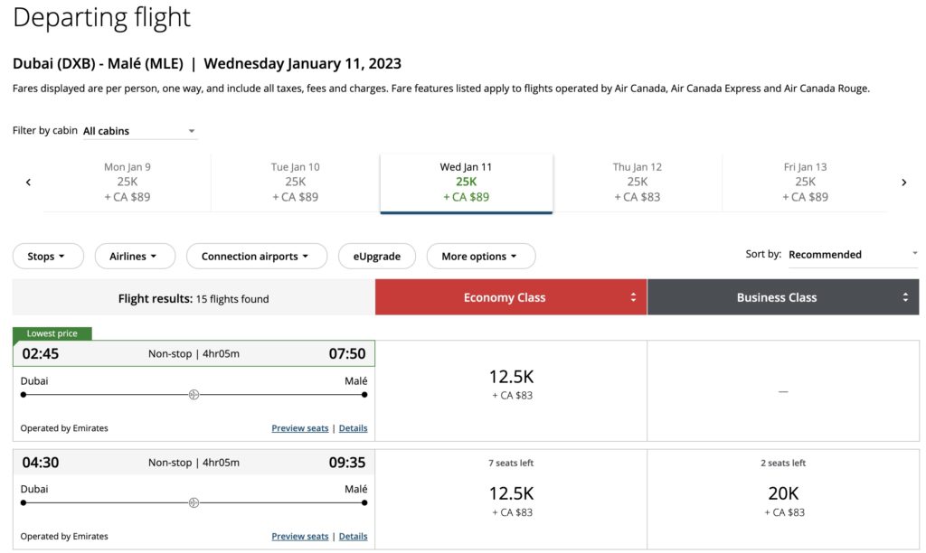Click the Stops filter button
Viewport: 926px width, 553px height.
pos(48,257)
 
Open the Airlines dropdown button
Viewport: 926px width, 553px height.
pos(134,257)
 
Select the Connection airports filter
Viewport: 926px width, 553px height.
pos(257,257)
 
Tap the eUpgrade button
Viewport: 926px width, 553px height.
pos(376,257)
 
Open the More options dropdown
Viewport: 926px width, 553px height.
pos(480,257)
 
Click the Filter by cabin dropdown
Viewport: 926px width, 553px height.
pos(139,131)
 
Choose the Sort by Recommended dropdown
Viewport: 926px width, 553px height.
pos(852,255)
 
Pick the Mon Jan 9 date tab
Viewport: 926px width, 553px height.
pos(128,182)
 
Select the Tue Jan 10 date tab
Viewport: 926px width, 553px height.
pos(296,182)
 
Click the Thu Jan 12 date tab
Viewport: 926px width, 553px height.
pos(638,182)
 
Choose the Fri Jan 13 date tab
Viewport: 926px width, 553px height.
pos(806,182)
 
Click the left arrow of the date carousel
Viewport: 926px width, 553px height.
pos(28,183)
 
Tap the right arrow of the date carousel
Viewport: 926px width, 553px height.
pos(903,183)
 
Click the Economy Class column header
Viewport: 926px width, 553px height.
pos(511,297)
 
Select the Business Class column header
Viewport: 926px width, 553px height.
pos(783,297)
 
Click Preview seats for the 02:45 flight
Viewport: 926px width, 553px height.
pos(300,428)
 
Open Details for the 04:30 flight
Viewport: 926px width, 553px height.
pos(353,536)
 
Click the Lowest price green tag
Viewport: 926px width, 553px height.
pos(52,333)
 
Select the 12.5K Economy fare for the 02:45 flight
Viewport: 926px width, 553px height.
pos(511,383)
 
